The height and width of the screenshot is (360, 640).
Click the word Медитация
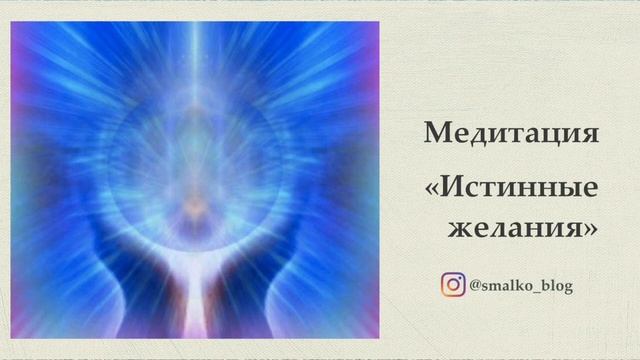click(x=511, y=133)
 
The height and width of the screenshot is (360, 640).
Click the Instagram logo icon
click(x=453, y=286)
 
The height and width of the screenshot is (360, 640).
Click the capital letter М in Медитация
click(x=435, y=133)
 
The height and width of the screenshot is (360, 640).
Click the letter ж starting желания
click(x=459, y=228)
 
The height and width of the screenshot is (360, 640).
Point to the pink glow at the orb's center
click(x=194, y=206)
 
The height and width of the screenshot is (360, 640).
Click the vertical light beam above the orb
click(x=196, y=60)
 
